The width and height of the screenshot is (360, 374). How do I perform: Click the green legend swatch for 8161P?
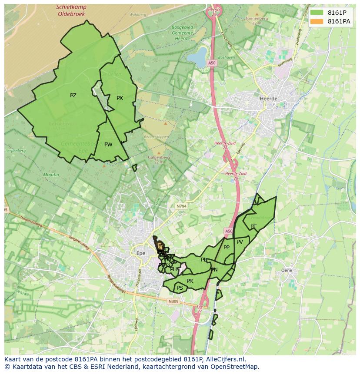(317, 13)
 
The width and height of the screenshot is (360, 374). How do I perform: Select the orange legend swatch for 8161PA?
(317, 21)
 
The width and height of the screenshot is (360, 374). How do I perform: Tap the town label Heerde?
(268, 99)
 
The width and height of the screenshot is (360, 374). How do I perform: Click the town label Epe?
(140, 253)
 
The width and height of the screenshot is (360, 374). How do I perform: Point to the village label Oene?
(287, 270)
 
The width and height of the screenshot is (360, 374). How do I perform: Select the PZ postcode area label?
(73, 96)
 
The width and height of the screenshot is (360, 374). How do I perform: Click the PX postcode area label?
(120, 98)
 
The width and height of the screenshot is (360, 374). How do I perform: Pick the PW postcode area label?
(108, 145)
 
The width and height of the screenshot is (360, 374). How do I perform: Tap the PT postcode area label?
(253, 226)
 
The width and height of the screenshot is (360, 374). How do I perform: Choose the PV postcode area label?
(240, 242)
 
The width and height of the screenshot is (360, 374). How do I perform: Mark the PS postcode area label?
(180, 288)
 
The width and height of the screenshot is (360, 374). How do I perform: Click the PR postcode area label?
(190, 281)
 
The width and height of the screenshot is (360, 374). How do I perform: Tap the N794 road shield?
(181, 206)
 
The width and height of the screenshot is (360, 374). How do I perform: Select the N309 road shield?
(173, 301)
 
